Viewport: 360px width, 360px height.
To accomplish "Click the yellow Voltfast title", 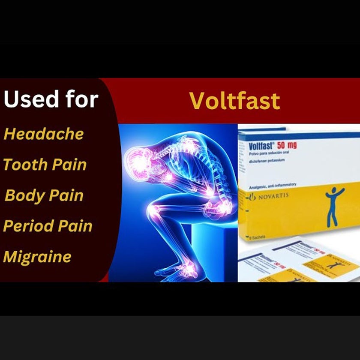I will pos(234,101).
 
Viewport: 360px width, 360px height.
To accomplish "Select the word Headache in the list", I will pos(44,134).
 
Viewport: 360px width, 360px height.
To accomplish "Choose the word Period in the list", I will pos(25,226).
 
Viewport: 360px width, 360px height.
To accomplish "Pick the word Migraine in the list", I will pos(37,257).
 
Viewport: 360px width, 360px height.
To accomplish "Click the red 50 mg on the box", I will pos(285,145).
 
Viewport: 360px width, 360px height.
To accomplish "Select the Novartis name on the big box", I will pos(272,196).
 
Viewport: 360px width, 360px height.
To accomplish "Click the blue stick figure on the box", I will pos(335,207).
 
